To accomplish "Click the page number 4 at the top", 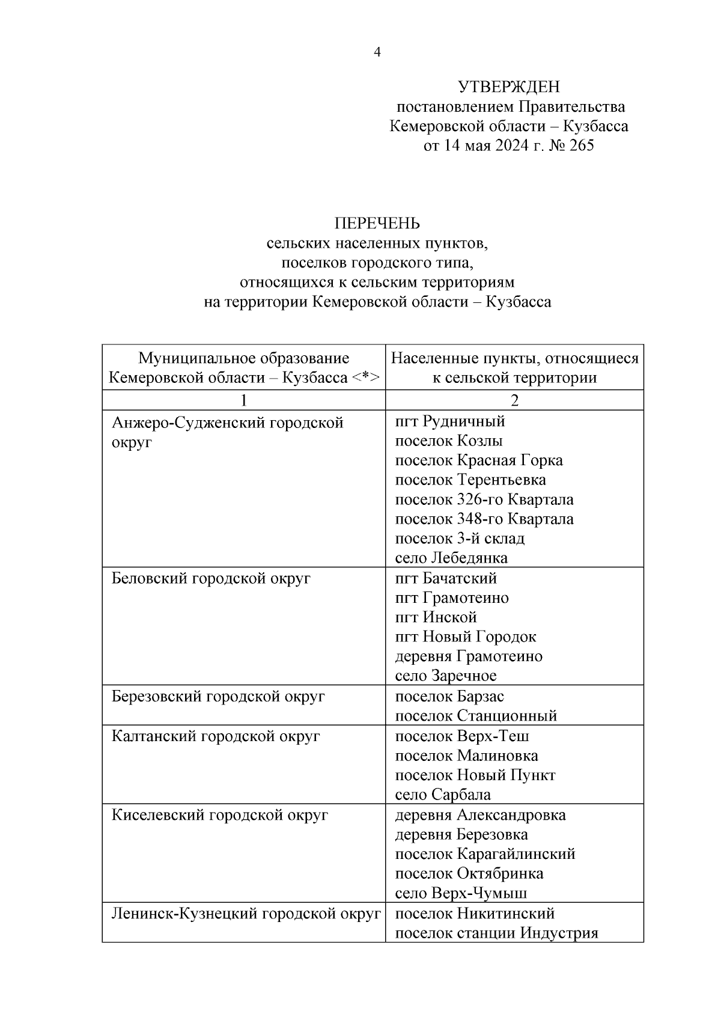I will [x=377, y=53].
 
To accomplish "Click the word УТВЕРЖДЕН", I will [x=509, y=88].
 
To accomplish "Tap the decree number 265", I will [x=580, y=146].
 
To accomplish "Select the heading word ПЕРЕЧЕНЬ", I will [x=377, y=224].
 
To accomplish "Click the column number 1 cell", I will [x=243, y=400].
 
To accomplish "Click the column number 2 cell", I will [x=514, y=400].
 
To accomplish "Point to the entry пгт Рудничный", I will [x=450, y=421].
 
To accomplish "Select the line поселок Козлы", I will [x=449, y=441].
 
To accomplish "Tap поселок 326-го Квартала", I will [x=484, y=499].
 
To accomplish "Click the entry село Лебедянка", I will [x=451, y=558].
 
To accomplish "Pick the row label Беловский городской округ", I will [x=211, y=579].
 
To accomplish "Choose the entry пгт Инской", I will [x=436, y=617].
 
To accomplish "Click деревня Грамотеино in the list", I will [x=469, y=656].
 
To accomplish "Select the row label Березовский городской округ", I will [x=219, y=697].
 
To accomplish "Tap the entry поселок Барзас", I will [x=449, y=697].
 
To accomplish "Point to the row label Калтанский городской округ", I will [x=216, y=736].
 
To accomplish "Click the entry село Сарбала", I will [x=443, y=795].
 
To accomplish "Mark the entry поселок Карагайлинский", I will [x=485, y=854].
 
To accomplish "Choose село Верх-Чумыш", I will [x=461, y=893].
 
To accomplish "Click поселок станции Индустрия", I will [x=497, y=933].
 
